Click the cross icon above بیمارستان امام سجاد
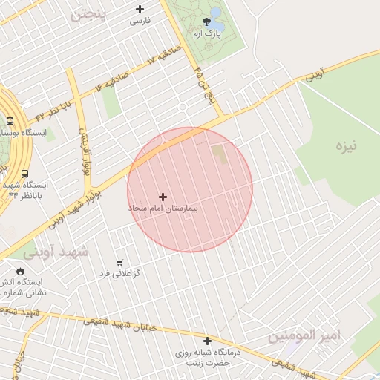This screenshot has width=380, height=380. pyautogui.click(x=163, y=197)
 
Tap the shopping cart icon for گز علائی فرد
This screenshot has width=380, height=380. pyautogui.click(x=119, y=263)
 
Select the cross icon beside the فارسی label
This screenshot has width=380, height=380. pyautogui.click(x=140, y=9)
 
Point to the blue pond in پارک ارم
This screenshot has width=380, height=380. pyautogui.click(x=216, y=13)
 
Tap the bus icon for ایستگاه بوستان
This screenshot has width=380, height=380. pyautogui.click(x=10, y=121)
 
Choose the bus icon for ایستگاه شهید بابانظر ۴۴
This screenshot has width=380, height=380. pyautogui.click(x=25, y=174)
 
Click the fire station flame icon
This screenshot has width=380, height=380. pyautogui.click(x=20, y=272)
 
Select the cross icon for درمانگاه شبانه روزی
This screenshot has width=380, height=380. pyautogui.click(x=207, y=341)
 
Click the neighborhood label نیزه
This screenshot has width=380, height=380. pyautogui.click(x=345, y=145)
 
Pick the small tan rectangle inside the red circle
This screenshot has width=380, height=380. pyautogui.click(x=219, y=155)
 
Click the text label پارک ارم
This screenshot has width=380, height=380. pyautogui.click(x=207, y=34)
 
